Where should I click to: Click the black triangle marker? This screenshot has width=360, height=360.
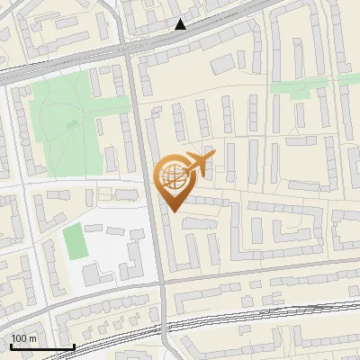click(x=181, y=25)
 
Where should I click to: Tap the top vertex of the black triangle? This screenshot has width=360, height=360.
click(x=181, y=20)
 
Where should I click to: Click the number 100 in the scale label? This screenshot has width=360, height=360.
click(x=20, y=338)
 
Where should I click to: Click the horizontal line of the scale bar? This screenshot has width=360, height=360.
click(x=42, y=347)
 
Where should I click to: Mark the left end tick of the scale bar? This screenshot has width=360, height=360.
click(x=11, y=345)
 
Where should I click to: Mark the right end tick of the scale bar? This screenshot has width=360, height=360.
click(x=74, y=345)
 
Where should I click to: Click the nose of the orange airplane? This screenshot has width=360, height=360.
click(x=214, y=157)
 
